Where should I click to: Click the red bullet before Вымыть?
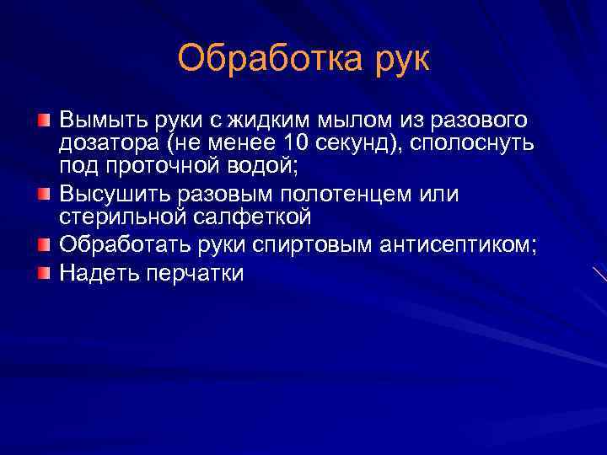[44, 120]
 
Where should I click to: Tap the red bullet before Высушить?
[44, 194]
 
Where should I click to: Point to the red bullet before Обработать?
[44, 244]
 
